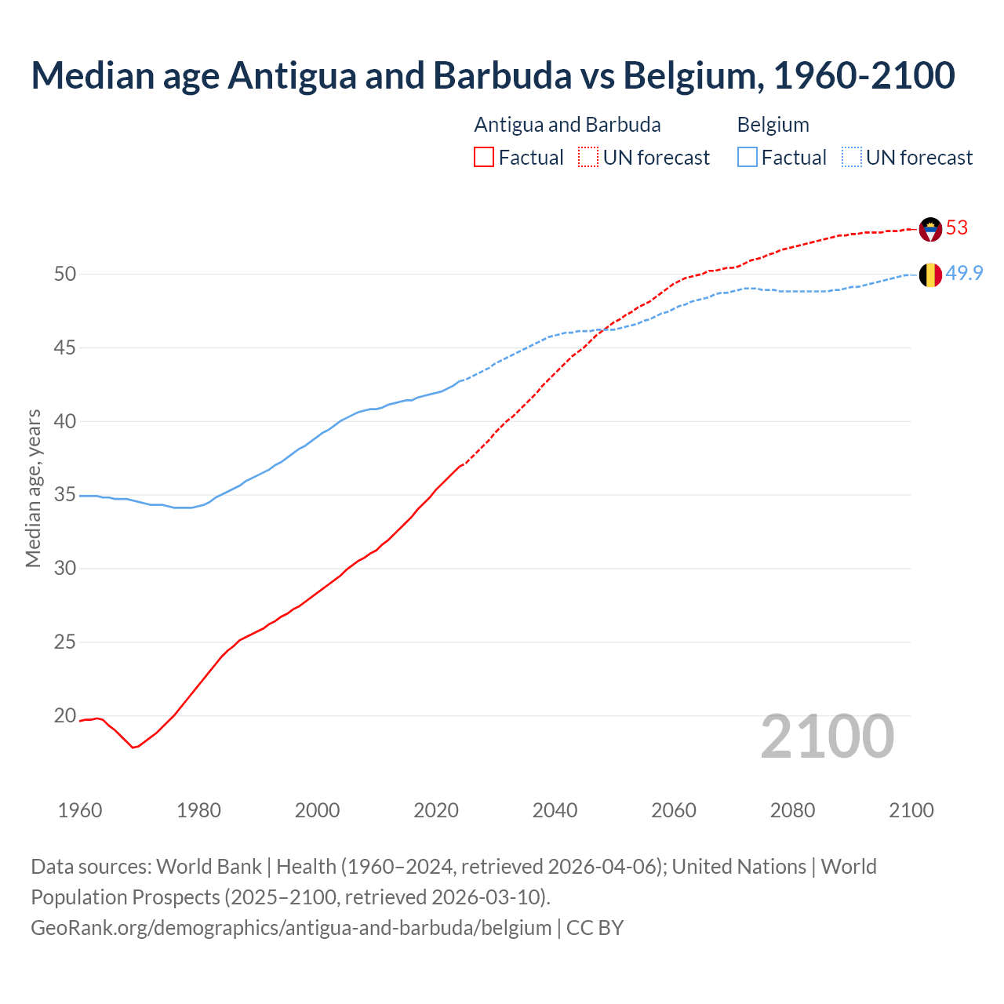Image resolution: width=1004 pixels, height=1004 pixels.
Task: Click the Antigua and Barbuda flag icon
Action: click(x=930, y=229)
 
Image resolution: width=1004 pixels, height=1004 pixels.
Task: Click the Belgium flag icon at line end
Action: click(x=930, y=275)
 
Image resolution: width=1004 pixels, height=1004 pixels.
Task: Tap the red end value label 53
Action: click(x=957, y=227)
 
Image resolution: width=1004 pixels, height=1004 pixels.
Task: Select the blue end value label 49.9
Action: click(x=964, y=273)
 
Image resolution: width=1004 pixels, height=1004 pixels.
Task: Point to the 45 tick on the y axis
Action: click(x=65, y=347)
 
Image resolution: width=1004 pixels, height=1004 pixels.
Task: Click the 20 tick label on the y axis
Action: click(x=65, y=715)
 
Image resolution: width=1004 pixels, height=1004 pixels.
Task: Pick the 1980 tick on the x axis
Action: click(x=199, y=810)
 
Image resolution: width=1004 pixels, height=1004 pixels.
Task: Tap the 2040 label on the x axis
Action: click(x=555, y=810)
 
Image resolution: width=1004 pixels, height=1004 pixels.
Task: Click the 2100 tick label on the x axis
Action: click(x=911, y=810)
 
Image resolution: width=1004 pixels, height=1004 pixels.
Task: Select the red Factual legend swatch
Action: click(x=484, y=158)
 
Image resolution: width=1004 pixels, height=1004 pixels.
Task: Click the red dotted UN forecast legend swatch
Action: click(x=588, y=158)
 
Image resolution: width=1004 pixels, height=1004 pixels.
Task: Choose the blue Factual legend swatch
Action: click(x=748, y=158)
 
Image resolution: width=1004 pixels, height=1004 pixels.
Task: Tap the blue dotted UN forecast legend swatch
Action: click(x=852, y=158)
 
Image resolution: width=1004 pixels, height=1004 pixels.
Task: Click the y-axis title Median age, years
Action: click(x=33, y=488)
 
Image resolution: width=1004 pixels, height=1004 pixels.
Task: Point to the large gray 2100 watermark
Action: click(x=828, y=736)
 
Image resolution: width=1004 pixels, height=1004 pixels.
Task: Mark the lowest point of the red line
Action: click(x=133, y=748)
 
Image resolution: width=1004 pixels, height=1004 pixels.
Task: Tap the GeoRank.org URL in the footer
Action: click(x=291, y=927)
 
